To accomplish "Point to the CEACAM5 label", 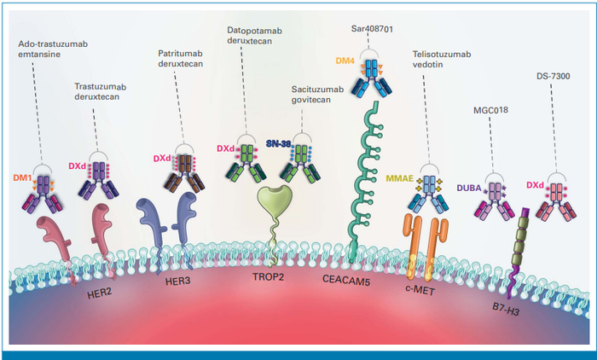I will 347,279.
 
